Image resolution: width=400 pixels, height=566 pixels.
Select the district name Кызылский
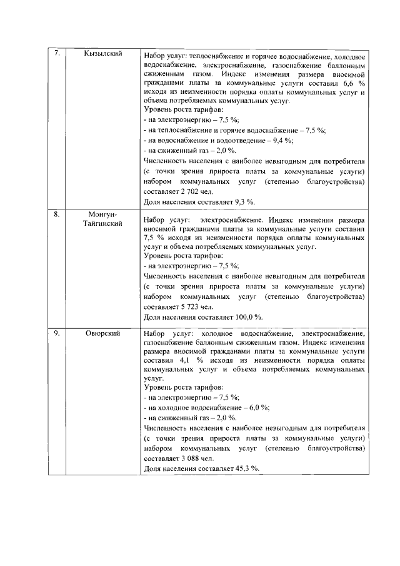(x=102, y=54)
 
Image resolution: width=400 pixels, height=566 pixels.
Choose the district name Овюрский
(x=102, y=333)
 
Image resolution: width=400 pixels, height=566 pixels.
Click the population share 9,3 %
(x=243, y=202)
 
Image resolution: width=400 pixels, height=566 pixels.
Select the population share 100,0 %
(x=246, y=317)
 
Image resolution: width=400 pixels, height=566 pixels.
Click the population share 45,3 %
(x=245, y=468)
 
